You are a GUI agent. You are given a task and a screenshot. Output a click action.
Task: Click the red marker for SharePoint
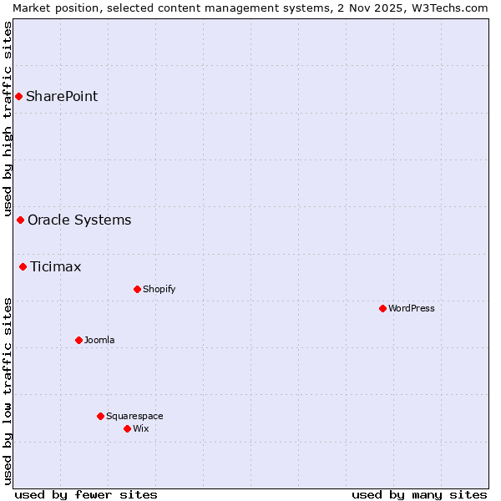pyautogui.click(x=18, y=97)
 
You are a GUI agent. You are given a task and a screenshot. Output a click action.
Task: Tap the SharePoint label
pyautogui.click(x=62, y=97)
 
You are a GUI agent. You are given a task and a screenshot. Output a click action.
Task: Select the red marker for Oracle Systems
pyautogui.click(x=20, y=220)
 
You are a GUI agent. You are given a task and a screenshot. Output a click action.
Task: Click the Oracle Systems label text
pyautogui.click(x=79, y=220)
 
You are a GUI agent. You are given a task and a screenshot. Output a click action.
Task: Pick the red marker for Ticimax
pyautogui.click(x=23, y=267)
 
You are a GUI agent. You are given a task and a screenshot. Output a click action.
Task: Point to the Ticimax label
pyautogui.click(x=56, y=267)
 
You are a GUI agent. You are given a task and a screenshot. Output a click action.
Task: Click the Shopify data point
pyautogui.click(x=137, y=290)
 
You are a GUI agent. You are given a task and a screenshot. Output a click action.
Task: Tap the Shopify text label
pyautogui.click(x=159, y=290)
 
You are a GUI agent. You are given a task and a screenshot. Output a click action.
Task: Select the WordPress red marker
pyautogui.click(x=382, y=309)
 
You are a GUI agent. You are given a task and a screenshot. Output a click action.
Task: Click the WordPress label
pyautogui.click(x=412, y=309)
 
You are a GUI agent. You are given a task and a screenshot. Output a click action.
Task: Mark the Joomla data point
pyautogui.click(x=78, y=341)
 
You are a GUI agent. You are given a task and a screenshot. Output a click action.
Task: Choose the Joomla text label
pyautogui.click(x=99, y=341)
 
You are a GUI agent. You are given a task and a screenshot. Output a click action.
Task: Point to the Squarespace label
pyautogui.click(x=134, y=417)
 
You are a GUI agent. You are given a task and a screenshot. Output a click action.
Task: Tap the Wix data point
pyautogui.click(x=127, y=429)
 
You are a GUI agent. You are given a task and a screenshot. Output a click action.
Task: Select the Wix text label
pyautogui.click(x=141, y=429)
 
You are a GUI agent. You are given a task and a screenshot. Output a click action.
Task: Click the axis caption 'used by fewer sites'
pyautogui.click(x=86, y=495)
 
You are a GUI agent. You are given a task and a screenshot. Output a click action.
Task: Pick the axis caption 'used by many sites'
pyautogui.click(x=419, y=495)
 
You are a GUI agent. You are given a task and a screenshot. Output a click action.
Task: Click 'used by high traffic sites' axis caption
pyautogui.click(x=8, y=117)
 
